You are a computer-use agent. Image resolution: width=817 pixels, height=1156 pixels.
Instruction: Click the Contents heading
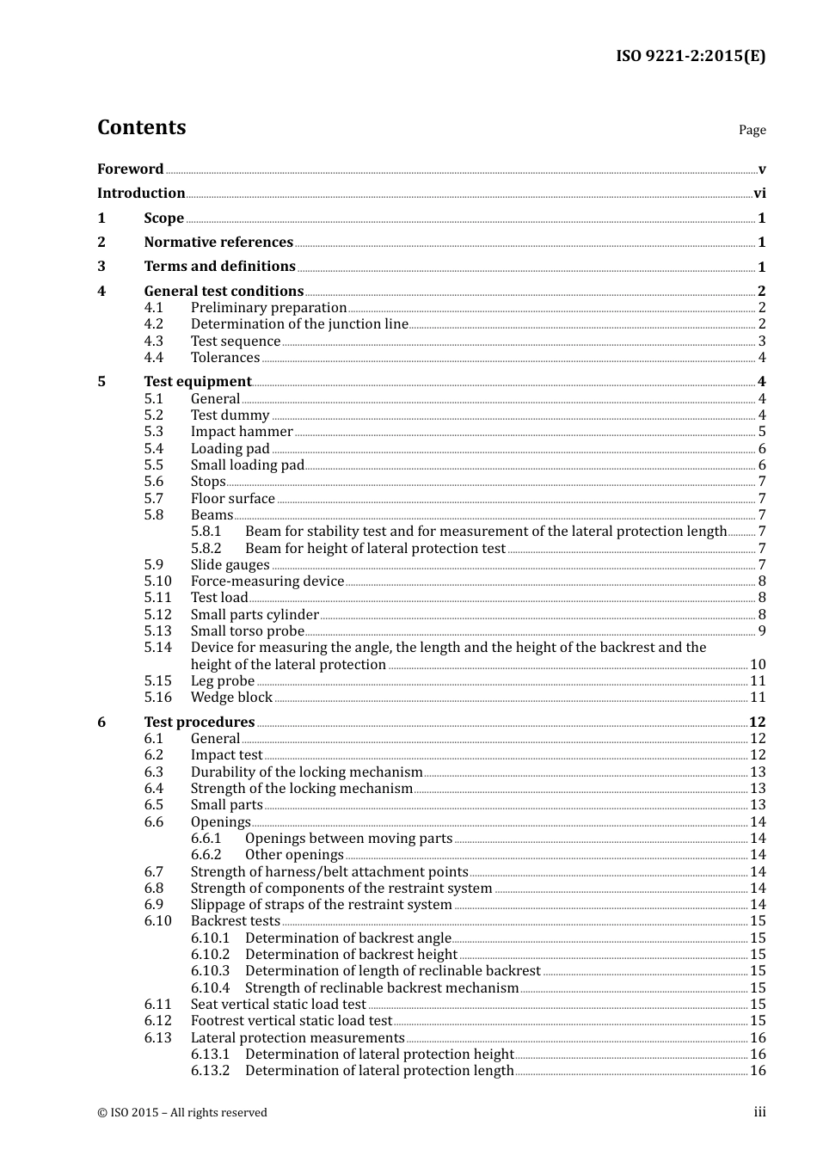[141, 127]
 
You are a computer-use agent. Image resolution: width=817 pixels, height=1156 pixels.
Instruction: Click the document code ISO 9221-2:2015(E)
[690, 56]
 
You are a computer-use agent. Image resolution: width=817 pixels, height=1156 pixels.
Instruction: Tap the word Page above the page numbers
[752, 130]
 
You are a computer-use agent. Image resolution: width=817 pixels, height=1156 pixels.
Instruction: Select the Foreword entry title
[130, 169]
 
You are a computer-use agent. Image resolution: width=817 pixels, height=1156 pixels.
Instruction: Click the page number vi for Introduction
[759, 194]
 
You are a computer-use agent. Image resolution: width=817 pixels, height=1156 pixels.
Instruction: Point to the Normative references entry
[218, 243]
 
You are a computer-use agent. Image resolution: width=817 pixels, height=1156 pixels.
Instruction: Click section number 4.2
[153, 324]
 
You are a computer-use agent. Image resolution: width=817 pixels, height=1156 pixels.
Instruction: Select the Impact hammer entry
[242, 432]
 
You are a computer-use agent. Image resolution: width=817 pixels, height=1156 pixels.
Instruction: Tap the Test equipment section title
[198, 381]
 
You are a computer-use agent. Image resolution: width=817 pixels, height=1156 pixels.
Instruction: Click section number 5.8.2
[206, 548]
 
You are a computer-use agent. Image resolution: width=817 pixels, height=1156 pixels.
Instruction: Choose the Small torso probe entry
[248, 630]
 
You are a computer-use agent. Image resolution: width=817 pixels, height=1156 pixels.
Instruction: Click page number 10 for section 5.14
[757, 664]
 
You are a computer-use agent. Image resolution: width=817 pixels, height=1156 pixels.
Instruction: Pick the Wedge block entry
[231, 698]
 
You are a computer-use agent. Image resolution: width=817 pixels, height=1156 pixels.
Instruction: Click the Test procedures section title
[200, 722]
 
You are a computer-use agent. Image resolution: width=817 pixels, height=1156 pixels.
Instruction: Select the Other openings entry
[294, 854]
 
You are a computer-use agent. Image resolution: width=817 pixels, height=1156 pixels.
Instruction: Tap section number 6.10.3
[210, 971]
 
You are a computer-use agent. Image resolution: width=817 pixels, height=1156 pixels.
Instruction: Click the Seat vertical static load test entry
[279, 1004]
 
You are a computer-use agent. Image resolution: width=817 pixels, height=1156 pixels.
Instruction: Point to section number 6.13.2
[210, 1071]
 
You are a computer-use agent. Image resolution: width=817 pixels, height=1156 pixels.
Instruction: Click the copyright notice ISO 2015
[182, 1112]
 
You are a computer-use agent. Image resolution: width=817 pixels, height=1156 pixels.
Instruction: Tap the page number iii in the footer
[759, 1112]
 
